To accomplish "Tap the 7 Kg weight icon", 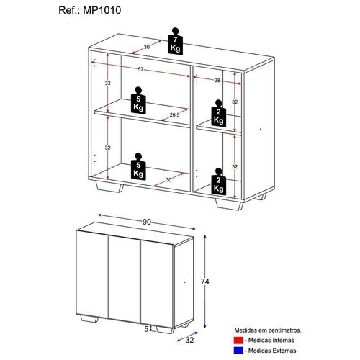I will click(x=174, y=41).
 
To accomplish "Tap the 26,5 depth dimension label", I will click(x=174, y=114).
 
